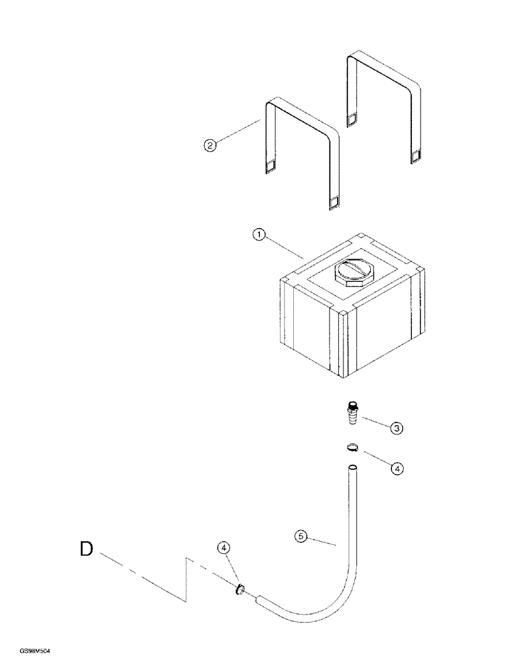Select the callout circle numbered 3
397,429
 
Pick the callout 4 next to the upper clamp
397,469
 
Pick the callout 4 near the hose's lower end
224,548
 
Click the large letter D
86,550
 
